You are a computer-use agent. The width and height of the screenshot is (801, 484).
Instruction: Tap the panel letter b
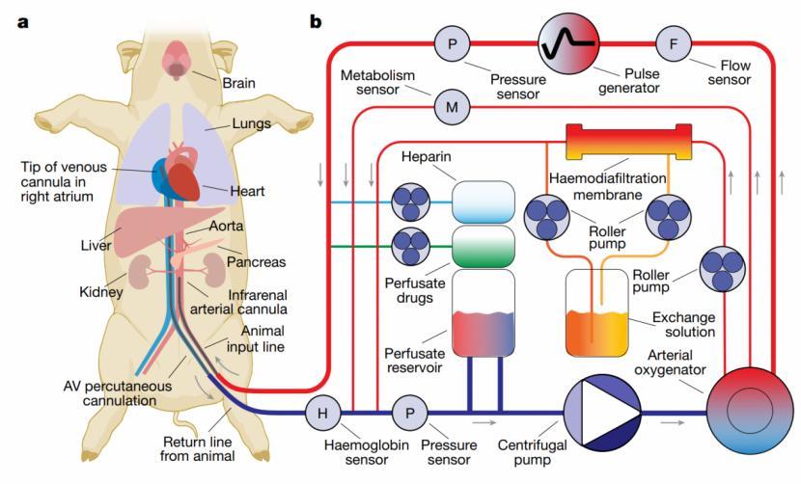tap(315, 18)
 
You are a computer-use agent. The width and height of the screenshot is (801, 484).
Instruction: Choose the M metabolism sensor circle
tap(451, 107)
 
